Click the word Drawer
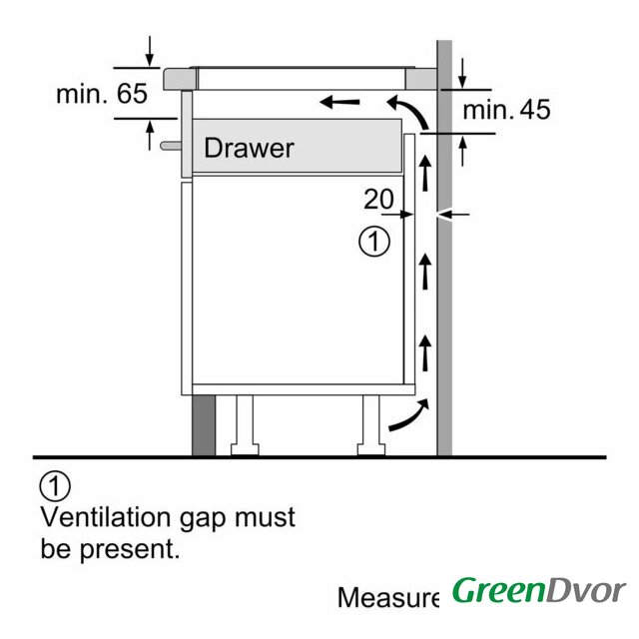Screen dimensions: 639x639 (249, 148)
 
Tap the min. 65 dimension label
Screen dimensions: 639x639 (102, 95)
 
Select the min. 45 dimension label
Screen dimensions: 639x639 (506, 109)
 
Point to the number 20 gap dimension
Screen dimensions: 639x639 (378, 199)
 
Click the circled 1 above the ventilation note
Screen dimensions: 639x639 (55, 486)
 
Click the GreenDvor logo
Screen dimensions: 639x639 (538, 590)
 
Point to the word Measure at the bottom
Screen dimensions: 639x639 (388, 597)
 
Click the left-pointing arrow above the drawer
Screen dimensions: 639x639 (339, 101)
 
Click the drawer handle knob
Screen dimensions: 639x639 (167, 146)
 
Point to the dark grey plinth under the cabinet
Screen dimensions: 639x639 (204, 423)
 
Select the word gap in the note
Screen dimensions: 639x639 (209, 519)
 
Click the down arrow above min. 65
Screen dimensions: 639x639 (150, 48)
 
